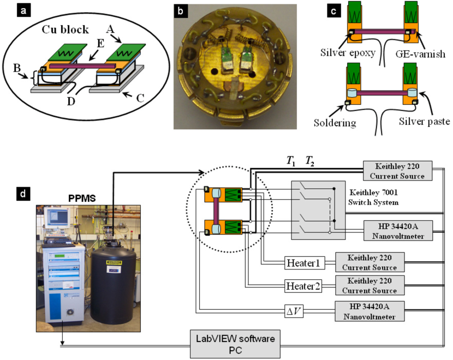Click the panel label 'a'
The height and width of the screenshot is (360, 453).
(x=23, y=11)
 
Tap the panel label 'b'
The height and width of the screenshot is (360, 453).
(x=180, y=11)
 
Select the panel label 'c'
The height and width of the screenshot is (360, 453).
(x=333, y=11)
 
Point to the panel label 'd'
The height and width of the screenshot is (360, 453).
(x=23, y=194)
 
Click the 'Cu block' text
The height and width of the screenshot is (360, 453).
(x=65, y=29)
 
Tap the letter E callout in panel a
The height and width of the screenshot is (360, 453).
(x=100, y=44)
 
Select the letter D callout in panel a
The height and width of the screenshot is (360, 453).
(x=71, y=101)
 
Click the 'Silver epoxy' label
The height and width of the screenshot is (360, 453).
(x=348, y=53)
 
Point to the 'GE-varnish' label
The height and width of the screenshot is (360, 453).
(x=420, y=54)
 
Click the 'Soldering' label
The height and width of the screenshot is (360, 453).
(x=335, y=123)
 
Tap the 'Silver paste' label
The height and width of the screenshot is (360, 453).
(x=425, y=122)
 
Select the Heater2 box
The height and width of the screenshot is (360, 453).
(x=303, y=286)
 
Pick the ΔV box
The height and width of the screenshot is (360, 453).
(x=294, y=311)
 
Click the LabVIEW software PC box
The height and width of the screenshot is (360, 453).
(x=235, y=344)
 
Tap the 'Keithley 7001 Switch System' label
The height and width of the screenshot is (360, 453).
(x=373, y=197)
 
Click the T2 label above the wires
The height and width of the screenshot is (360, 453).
(x=309, y=161)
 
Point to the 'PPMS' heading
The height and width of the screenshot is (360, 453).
(x=82, y=199)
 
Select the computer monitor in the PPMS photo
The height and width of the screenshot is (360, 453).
(x=58, y=218)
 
